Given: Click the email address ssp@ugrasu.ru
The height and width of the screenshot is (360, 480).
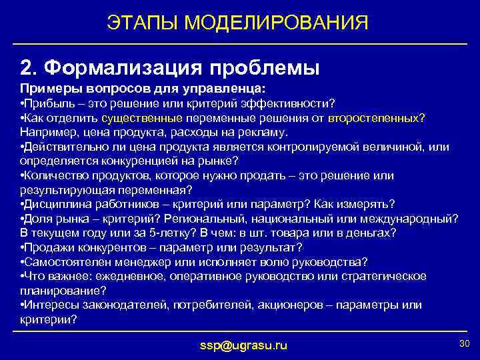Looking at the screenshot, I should click(x=244, y=345).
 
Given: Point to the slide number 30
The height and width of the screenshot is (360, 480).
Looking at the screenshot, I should click(x=464, y=343).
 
